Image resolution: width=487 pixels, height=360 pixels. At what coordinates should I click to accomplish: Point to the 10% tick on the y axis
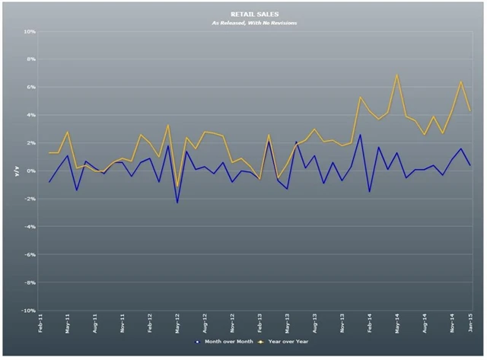click(x=30, y=32)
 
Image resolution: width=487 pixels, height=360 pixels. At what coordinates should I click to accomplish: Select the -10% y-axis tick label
click(x=28, y=311)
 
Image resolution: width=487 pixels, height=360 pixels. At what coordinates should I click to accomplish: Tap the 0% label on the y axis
click(x=31, y=171)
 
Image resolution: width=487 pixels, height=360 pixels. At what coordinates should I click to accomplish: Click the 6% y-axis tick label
click(x=31, y=88)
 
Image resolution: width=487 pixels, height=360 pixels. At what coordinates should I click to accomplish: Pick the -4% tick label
click(x=30, y=227)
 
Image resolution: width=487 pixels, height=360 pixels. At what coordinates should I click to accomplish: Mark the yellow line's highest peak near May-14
click(x=397, y=75)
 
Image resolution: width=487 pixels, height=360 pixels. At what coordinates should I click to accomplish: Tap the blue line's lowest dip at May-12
click(x=177, y=202)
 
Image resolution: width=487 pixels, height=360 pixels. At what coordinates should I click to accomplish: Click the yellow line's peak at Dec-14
click(x=461, y=81)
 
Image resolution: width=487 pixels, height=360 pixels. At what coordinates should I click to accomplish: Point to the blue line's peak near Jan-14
click(x=361, y=135)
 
